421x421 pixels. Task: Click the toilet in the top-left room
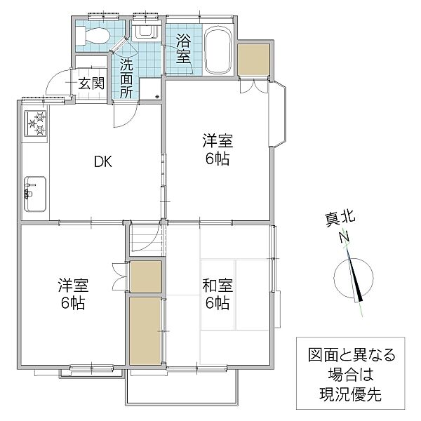tap(93, 36)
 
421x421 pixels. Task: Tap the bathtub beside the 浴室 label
tap(218, 50)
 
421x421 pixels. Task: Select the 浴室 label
tap(183, 49)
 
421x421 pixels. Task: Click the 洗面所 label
tap(126, 78)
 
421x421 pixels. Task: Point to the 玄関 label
tap(91, 83)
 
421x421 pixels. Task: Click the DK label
tap(103, 161)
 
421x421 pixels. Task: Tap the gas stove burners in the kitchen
tap(36, 123)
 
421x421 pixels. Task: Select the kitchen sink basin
tap(35, 194)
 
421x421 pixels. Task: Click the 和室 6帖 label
tap(218, 294)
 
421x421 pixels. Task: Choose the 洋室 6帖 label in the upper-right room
tap(218, 149)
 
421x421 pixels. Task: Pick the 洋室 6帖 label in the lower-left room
tap(73, 294)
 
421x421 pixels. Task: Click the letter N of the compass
tap(345, 237)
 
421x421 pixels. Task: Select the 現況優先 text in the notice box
tap(350, 394)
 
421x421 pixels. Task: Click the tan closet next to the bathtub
tap(254, 60)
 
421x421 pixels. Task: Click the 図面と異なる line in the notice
tap(352, 354)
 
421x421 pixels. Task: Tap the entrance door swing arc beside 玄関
tap(58, 81)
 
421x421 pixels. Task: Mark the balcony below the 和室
tap(182, 386)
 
